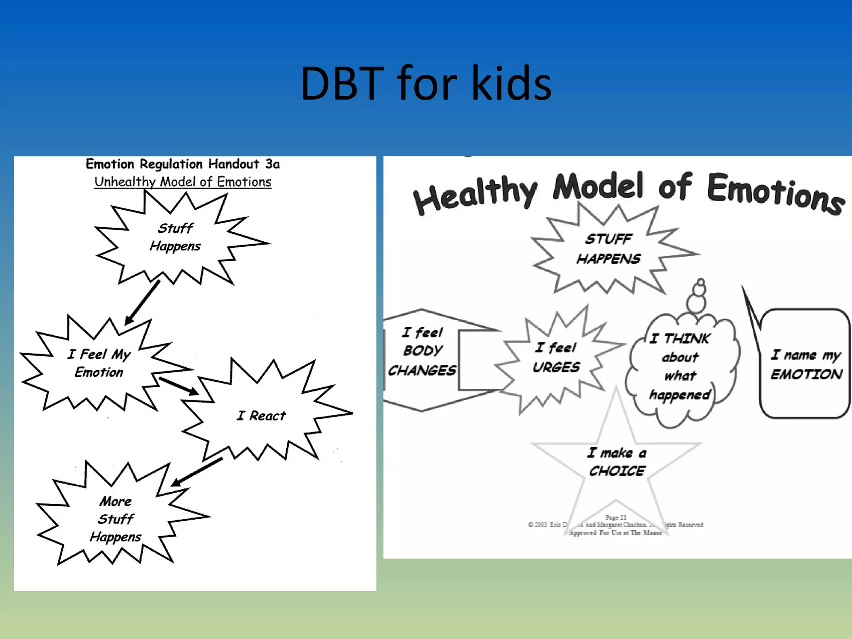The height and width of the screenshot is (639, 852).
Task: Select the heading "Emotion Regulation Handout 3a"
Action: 183,164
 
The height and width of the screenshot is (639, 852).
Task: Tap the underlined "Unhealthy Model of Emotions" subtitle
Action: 183,182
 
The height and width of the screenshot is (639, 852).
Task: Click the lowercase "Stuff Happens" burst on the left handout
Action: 175,237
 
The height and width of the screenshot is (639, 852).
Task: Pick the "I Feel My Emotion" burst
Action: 99,363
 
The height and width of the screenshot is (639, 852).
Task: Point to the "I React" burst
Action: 261,415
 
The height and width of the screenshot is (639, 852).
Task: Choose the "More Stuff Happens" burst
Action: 116,518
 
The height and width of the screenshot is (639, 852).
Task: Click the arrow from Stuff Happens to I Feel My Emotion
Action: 142,302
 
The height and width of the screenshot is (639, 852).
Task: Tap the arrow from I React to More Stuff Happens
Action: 197,472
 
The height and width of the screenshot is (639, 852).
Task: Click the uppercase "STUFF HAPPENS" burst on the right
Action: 609,249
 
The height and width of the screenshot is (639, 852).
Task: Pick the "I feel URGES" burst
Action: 556,357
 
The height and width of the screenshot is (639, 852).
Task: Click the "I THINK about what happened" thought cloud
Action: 680,366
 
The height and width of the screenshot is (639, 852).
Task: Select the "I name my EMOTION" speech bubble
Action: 806,364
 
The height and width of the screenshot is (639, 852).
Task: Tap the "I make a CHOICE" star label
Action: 617,462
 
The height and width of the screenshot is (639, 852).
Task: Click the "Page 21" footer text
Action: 616,518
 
